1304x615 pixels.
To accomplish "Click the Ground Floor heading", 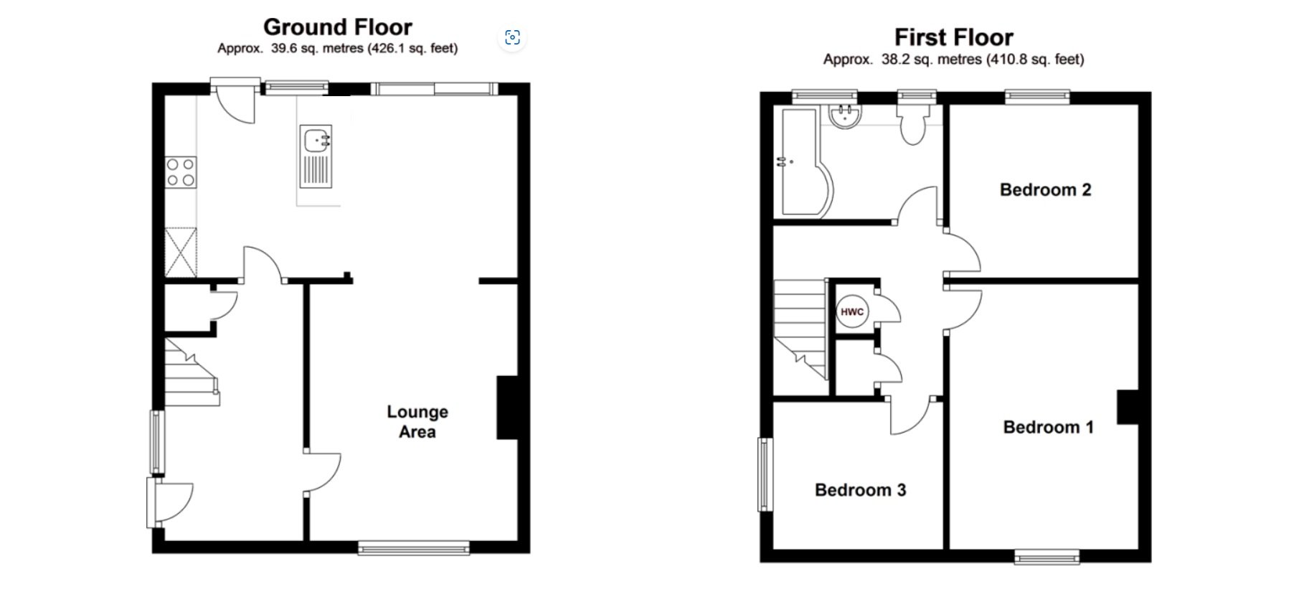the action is point(338,27).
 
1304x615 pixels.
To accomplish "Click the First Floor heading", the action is point(953,37).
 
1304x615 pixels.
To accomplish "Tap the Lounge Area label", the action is point(417,422).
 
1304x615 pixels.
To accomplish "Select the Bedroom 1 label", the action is point(1048,428).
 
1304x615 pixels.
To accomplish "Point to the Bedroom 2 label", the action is point(1045,190).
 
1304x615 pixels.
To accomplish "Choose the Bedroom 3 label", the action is point(860,490).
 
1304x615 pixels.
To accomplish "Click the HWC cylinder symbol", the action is point(852,312).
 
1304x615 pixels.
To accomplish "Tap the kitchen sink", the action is point(316,156).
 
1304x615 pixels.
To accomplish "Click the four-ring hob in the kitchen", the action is point(181,172).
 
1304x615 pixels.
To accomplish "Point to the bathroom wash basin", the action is point(845,117).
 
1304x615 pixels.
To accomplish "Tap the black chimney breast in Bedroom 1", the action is point(1127,407).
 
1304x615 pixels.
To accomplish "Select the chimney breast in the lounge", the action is point(507,407).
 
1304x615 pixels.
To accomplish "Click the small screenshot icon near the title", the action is point(512,37).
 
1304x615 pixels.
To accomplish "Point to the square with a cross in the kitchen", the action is point(181,252).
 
